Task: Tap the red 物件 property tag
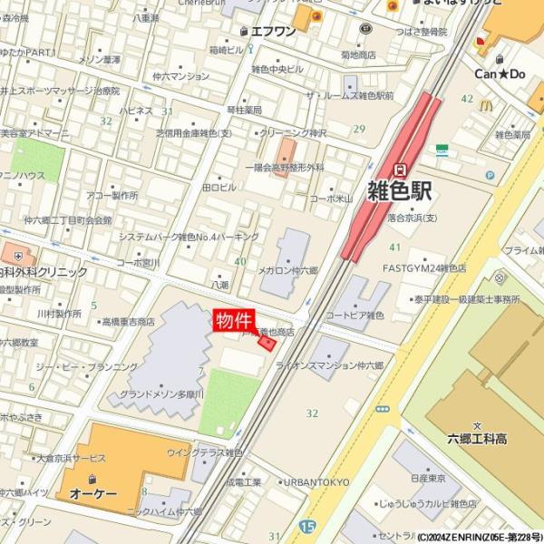pos(233,320)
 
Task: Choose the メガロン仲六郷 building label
pos(288,270)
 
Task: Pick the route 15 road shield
pos(307,525)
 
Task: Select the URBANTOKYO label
pos(316,482)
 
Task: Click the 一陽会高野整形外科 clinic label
pos(284,168)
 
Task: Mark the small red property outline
pos(267,343)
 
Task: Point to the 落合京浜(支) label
pos(412,218)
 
